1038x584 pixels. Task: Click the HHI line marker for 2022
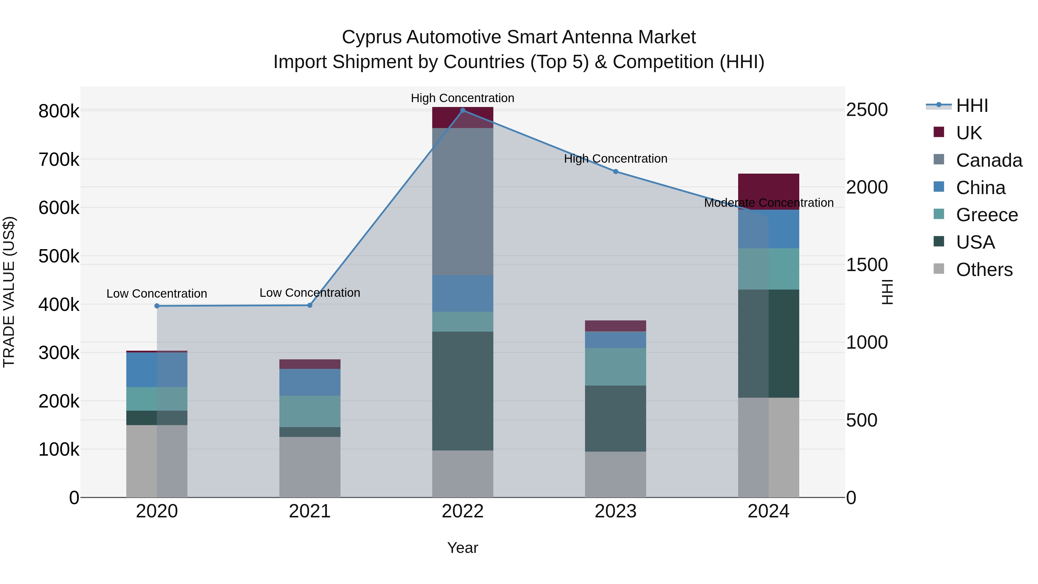tap(462, 110)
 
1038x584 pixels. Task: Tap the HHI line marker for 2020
tap(157, 306)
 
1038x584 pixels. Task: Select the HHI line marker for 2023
tap(615, 172)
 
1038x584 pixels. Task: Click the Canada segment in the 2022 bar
tap(462, 202)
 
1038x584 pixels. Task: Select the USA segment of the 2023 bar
tap(615, 418)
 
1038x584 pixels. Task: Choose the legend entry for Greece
tap(986, 215)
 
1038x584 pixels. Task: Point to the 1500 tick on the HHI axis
tap(867, 265)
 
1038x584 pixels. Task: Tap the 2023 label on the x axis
tap(615, 511)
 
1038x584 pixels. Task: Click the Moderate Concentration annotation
tap(768, 203)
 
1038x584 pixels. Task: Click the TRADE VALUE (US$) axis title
tap(9, 292)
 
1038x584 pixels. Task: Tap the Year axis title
tap(462, 548)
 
